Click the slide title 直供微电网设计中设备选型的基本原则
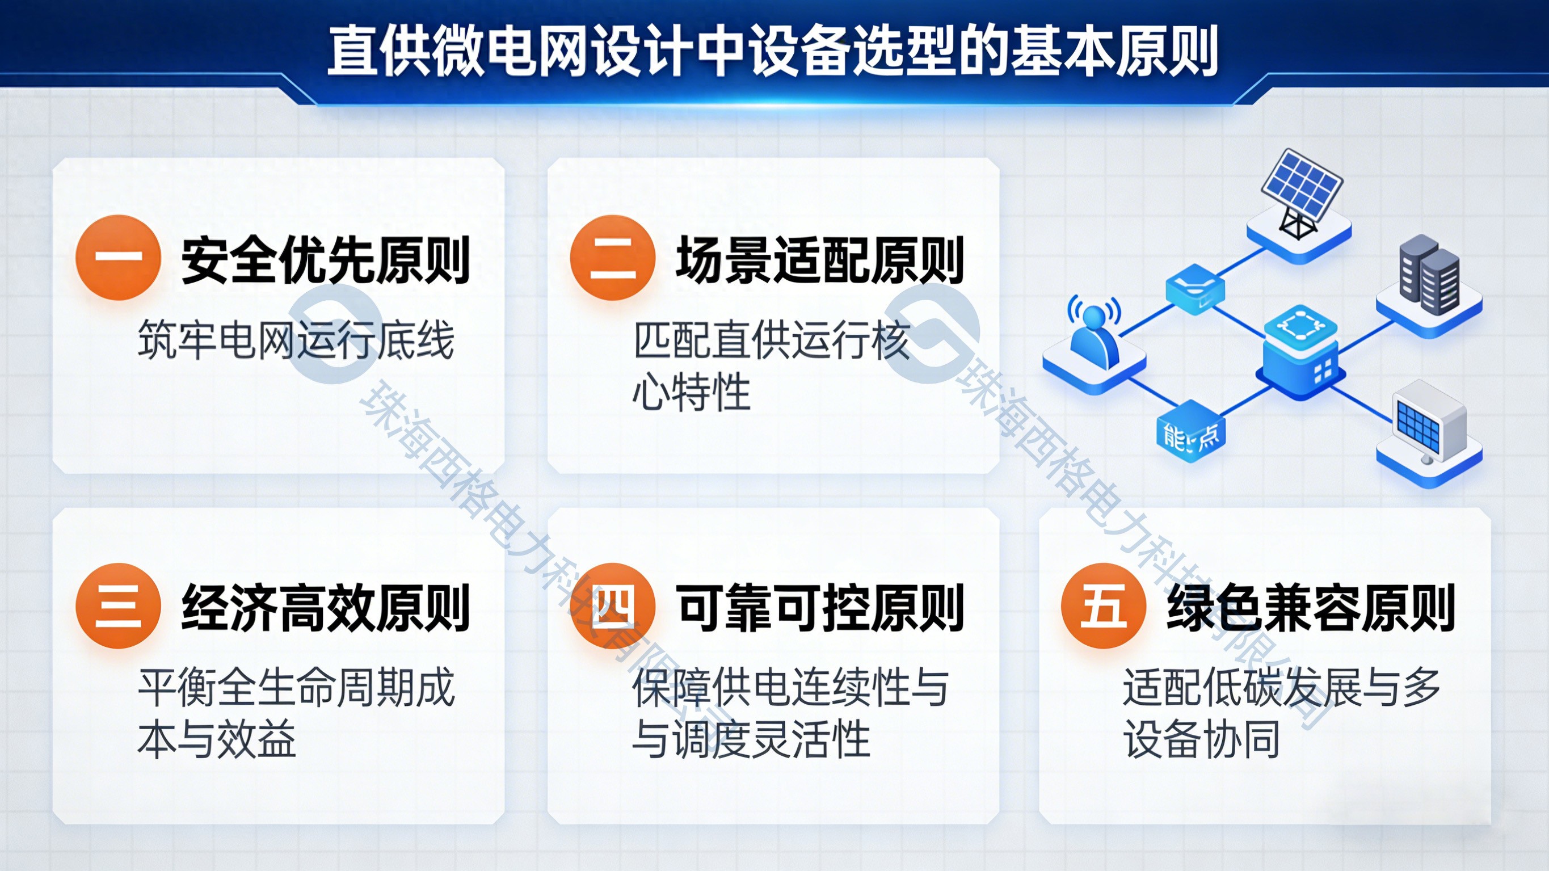tap(773, 51)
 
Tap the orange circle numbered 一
tap(118, 258)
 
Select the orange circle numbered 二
tap(612, 258)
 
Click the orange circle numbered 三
tap(118, 606)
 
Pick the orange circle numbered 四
tap(612, 606)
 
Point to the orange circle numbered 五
tap(1104, 606)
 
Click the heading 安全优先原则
tap(325, 260)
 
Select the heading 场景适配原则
tap(819, 260)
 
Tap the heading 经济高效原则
tap(325, 608)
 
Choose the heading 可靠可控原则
tap(819, 608)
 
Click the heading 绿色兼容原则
tap(1311, 608)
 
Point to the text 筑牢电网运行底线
tap(296, 340)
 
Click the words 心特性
tap(692, 392)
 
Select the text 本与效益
tap(217, 739)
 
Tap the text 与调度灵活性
tap(751, 739)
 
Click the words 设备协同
tap(1201, 739)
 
